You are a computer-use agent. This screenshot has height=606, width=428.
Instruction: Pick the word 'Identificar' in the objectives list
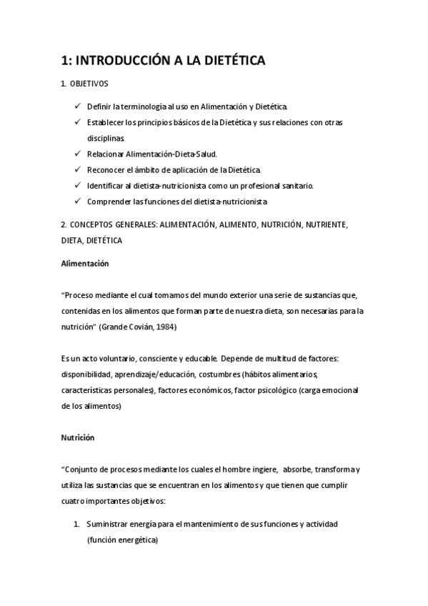point(105,186)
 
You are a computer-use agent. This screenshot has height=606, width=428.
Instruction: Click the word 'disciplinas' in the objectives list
point(105,138)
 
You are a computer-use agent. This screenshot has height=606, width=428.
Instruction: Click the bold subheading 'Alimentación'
point(84,264)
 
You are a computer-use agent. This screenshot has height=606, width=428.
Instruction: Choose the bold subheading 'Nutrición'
point(77,437)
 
